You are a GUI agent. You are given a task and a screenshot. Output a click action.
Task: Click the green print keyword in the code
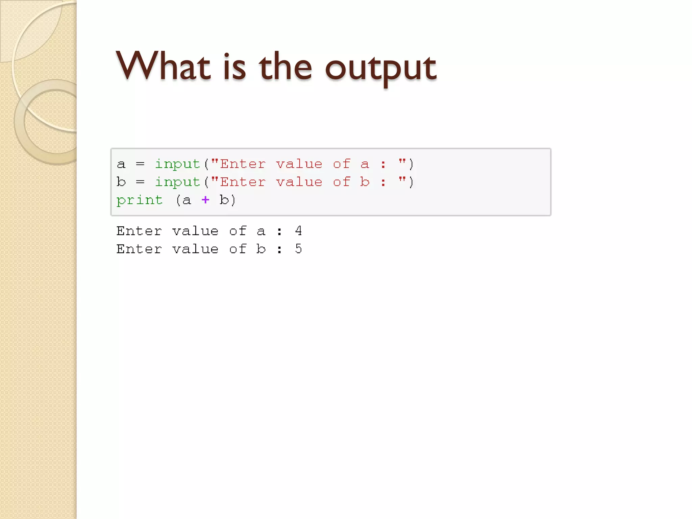click(140, 200)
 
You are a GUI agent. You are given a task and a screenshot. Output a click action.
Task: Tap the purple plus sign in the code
click(205, 200)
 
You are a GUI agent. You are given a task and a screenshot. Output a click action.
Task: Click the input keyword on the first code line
click(177, 164)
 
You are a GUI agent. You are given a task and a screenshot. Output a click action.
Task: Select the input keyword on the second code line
click(177, 182)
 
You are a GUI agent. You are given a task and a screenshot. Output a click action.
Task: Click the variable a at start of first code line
click(121, 165)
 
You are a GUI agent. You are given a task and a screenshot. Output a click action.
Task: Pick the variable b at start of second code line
click(121, 182)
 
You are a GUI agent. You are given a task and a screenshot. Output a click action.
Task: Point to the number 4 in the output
click(298, 231)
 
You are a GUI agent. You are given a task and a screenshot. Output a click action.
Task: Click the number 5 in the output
click(298, 249)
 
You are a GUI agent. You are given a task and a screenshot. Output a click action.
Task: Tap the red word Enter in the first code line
click(243, 164)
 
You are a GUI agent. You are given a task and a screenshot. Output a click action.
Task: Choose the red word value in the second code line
click(299, 182)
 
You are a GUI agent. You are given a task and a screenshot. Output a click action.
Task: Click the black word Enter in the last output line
click(139, 249)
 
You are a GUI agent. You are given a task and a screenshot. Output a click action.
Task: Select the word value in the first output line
click(195, 231)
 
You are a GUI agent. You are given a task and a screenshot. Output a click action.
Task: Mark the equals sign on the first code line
click(140, 164)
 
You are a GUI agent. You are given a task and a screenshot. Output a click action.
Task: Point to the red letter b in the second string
click(364, 182)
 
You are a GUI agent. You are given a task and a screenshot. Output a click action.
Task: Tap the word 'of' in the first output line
click(238, 231)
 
